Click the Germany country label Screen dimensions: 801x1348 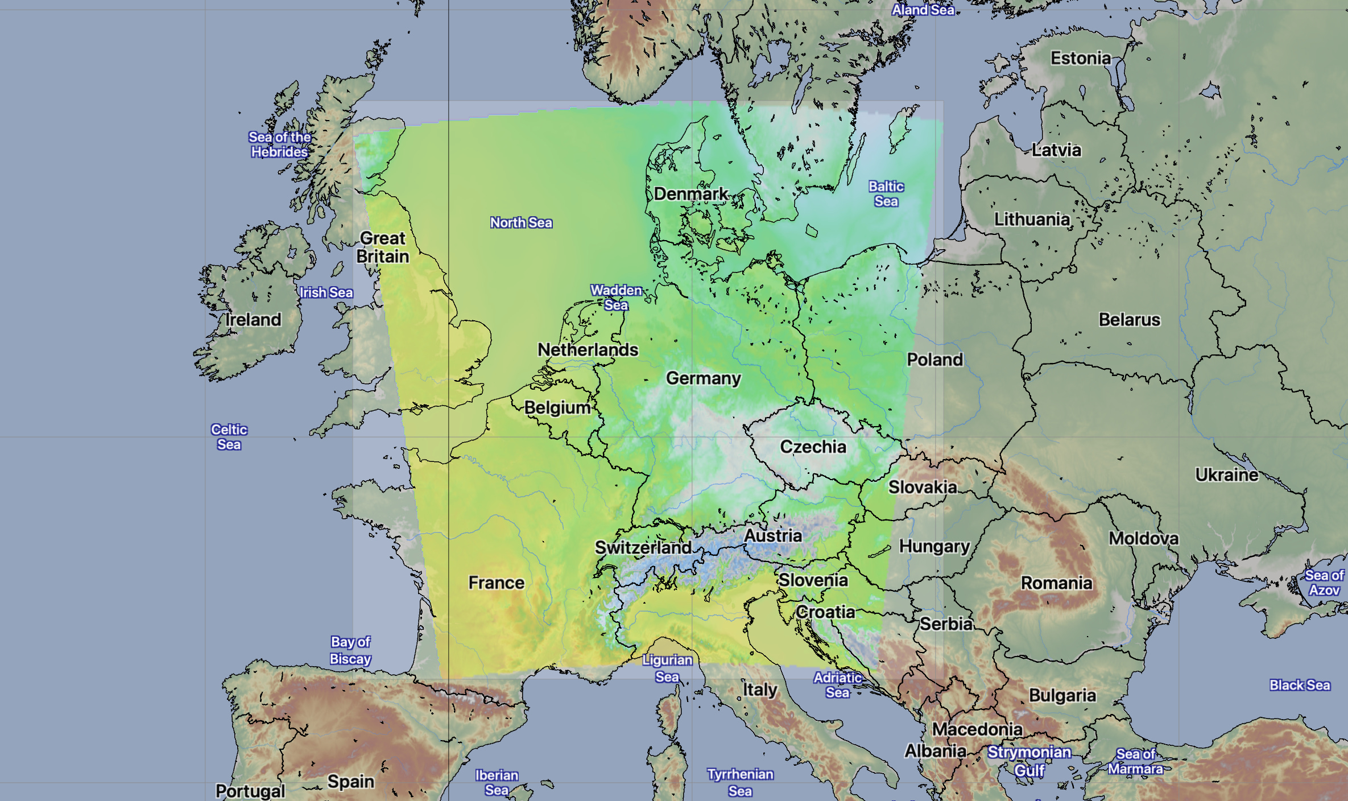tap(704, 378)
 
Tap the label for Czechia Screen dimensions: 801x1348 tap(813, 447)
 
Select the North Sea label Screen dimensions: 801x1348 tap(521, 223)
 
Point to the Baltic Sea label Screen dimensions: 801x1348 tap(886, 194)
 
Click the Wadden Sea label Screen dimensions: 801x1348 tap(616, 298)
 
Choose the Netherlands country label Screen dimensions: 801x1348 tap(588, 350)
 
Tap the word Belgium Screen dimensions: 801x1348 tap(557, 408)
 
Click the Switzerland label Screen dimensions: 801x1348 tap(643, 548)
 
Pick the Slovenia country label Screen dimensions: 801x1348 tap(813, 580)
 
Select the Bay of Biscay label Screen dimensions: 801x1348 tap(350, 650)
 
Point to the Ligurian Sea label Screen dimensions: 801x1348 tap(667, 668)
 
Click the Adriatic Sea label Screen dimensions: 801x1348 tap(837, 685)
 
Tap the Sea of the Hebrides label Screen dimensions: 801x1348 tap(279, 144)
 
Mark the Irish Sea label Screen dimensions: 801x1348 tap(326, 293)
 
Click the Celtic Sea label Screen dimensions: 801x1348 tap(229, 437)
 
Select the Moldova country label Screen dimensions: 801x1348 tap(1143, 538)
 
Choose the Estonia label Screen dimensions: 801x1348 tap(1080, 58)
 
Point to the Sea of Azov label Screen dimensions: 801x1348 tap(1324, 583)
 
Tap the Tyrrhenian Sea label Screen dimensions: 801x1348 tap(740, 782)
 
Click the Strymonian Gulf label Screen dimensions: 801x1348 tap(1029, 761)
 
